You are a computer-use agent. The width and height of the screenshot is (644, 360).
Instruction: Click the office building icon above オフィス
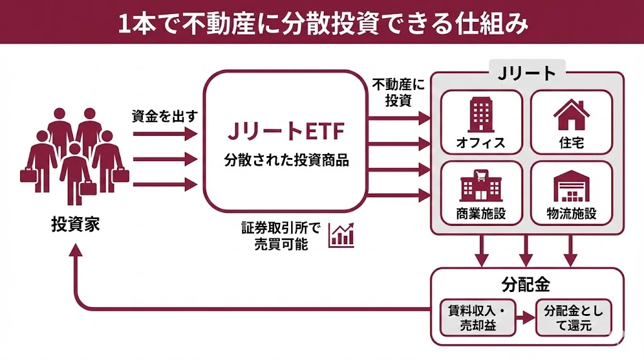click(481, 115)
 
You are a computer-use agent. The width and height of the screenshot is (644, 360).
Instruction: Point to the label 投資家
click(75, 224)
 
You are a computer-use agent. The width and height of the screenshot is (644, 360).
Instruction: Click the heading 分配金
click(526, 284)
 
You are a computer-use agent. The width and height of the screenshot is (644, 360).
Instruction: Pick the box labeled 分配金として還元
click(573, 317)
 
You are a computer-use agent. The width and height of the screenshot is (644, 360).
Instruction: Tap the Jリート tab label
click(526, 73)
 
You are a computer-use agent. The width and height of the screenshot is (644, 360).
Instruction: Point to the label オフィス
click(481, 142)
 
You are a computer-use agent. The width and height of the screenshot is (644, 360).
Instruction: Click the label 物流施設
click(571, 214)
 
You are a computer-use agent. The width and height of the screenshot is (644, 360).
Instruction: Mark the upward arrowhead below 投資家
click(75, 251)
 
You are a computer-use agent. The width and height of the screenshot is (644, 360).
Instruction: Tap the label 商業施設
click(481, 214)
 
